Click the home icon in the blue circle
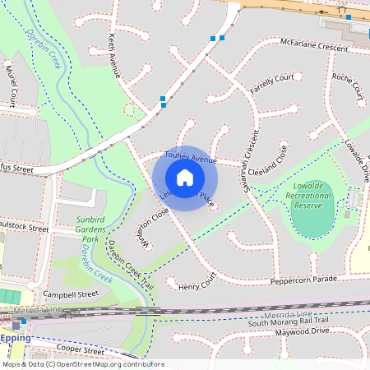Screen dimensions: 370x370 (x=185, y=178)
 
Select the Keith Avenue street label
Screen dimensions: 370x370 (x=114, y=56)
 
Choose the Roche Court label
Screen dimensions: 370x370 (x=347, y=86)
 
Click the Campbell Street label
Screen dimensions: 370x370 (x=71, y=294)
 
